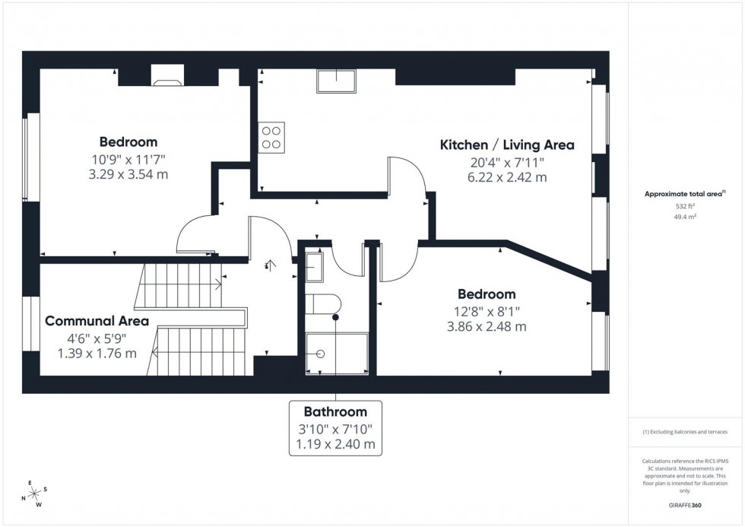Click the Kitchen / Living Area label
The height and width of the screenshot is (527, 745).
[507, 144]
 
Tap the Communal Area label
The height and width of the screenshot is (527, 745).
[97, 321]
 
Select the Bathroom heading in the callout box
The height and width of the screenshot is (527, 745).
[335, 411]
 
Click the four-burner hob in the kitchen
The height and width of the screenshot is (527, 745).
[271, 138]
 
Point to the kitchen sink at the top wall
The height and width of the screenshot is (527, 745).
[336, 81]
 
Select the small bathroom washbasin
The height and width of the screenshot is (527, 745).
[315, 265]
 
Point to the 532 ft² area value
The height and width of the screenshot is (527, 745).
[686, 206]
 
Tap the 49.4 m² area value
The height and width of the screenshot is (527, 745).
[686, 217]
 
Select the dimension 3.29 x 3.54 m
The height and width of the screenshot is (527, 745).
[128, 174]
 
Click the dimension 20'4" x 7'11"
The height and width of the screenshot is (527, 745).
[507, 162]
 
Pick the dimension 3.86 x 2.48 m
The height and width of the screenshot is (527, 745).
[486, 327]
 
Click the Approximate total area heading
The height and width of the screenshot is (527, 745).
[684, 194]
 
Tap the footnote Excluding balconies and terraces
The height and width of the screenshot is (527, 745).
[685, 432]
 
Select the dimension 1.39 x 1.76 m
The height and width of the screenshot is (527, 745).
[97, 354]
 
